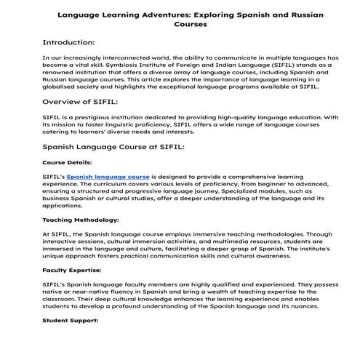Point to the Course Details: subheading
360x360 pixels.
click(67, 162)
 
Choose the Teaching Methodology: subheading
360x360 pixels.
click(80, 219)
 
